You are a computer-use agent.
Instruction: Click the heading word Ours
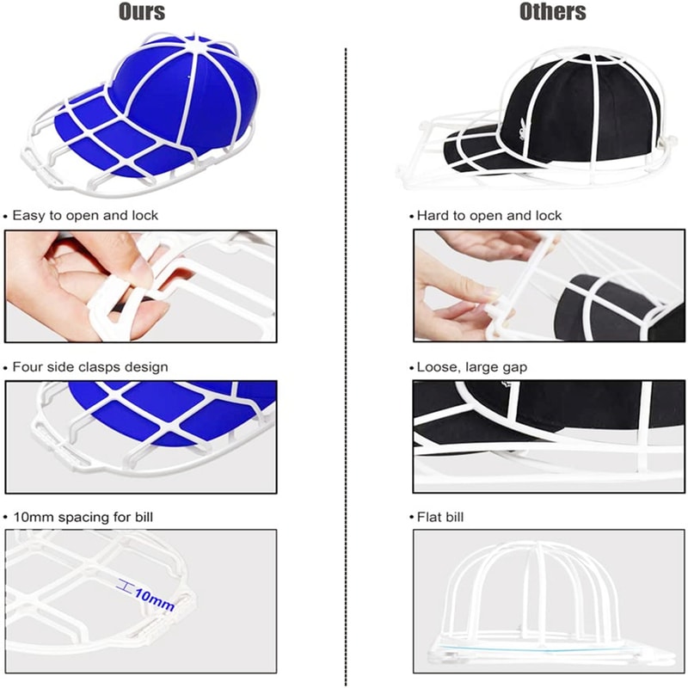[141, 12]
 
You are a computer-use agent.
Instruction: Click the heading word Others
[553, 12]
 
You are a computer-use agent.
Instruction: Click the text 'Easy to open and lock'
[86, 215]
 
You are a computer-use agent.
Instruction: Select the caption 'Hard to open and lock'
[488, 215]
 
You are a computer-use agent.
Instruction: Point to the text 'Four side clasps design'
[90, 367]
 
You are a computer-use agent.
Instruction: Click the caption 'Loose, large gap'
[472, 367]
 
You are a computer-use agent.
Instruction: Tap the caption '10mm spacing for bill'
[83, 517]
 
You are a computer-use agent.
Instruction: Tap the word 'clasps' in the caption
[100, 367]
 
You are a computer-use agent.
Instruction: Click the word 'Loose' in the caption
[436, 367]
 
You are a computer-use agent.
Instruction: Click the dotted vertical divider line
[346, 344]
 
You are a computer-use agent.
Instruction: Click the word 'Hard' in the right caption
[433, 215]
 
